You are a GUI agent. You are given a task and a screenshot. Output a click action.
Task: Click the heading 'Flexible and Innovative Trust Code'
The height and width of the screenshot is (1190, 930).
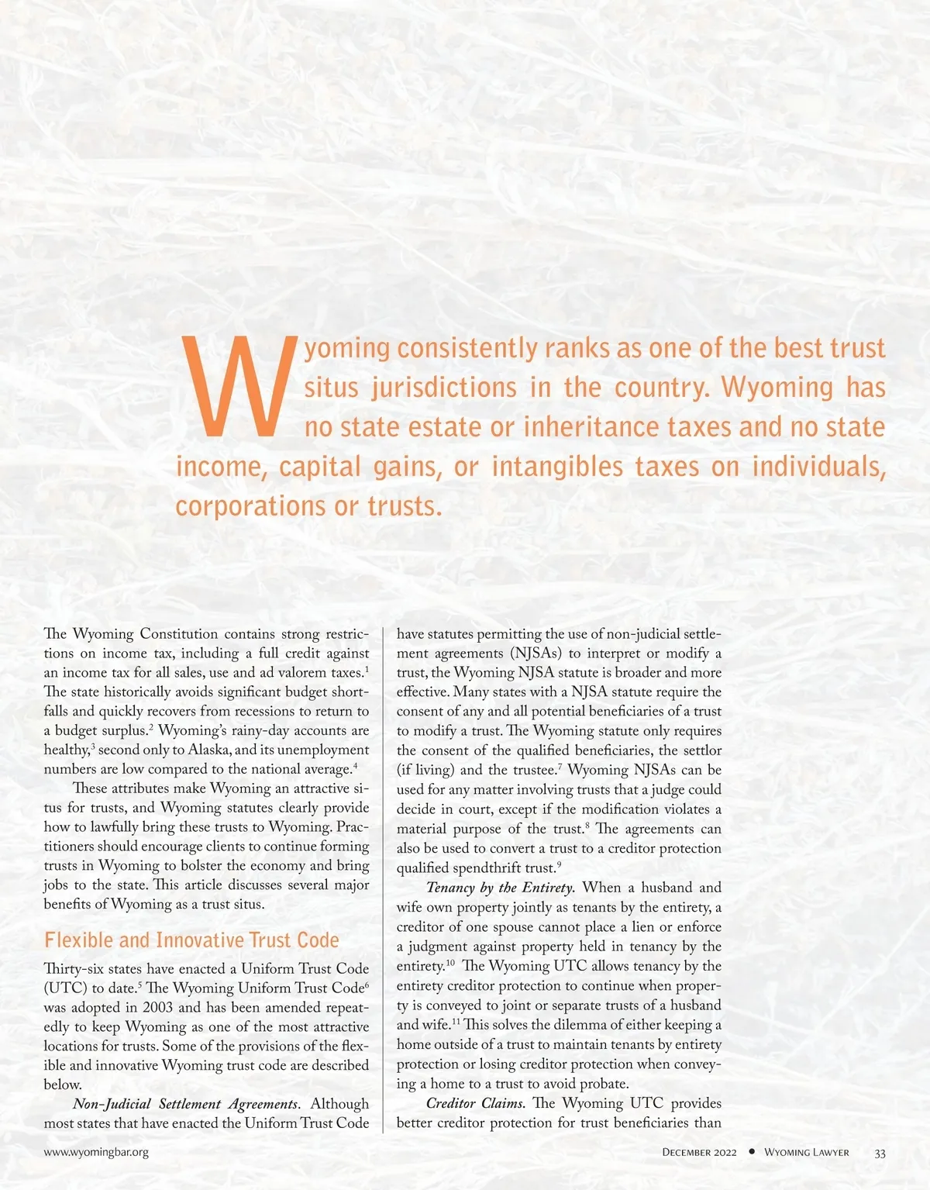click(191, 940)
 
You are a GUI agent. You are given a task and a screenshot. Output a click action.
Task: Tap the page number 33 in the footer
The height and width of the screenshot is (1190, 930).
click(880, 1153)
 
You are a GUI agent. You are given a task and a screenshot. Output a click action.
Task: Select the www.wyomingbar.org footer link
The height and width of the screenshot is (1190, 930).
click(96, 1152)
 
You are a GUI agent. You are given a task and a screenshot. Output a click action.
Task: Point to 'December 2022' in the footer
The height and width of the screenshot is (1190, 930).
click(699, 1153)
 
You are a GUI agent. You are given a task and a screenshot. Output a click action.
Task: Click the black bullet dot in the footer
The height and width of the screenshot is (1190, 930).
click(751, 1152)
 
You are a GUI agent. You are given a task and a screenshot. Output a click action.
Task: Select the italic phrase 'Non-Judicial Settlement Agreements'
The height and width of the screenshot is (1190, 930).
click(185, 1104)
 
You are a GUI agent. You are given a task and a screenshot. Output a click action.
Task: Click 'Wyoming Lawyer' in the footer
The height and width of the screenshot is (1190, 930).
click(806, 1153)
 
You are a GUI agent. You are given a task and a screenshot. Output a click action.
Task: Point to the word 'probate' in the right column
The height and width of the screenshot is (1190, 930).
click(603, 1084)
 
